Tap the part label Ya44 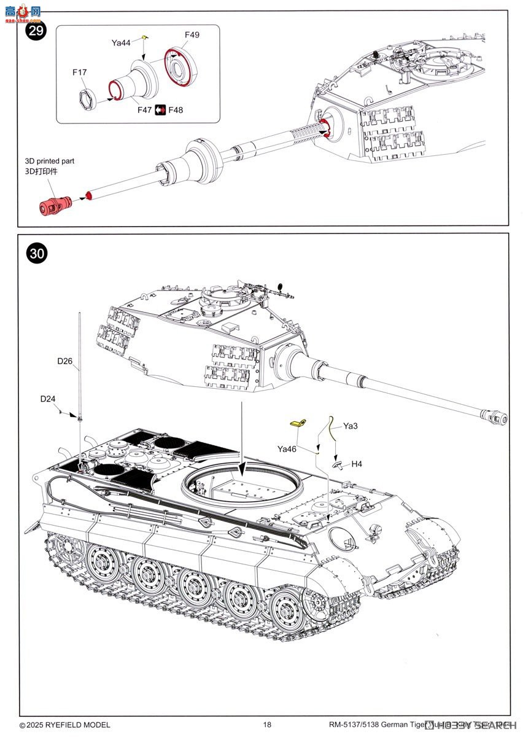[121, 42]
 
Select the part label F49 [192, 35]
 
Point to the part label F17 [79, 72]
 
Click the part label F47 [145, 110]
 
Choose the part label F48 [176, 110]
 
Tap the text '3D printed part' [49, 161]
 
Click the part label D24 [48, 399]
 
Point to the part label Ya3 [350, 426]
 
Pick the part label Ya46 [287, 449]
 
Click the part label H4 [356, 464]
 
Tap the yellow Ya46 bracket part [298, 423]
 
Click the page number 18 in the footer [266, 725]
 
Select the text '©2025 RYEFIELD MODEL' [65, 725]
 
